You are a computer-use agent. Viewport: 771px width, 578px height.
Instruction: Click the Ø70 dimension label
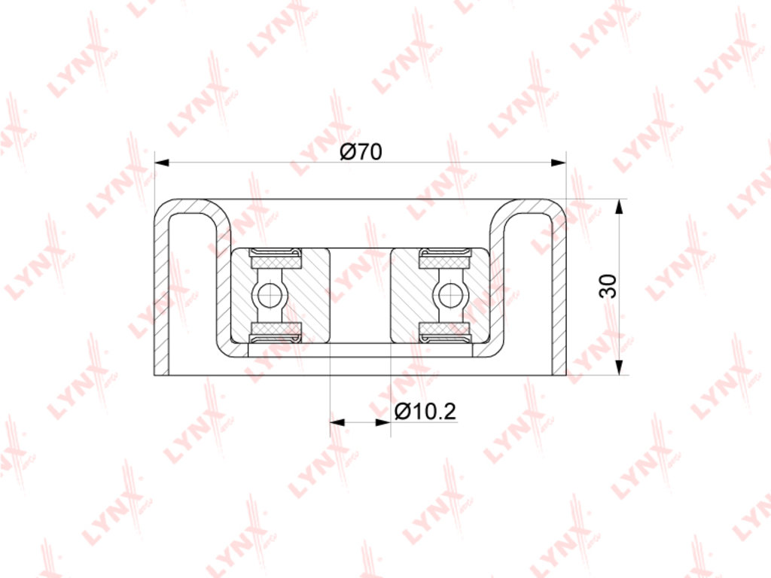tap(361, 152)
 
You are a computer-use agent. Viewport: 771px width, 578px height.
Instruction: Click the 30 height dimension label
tap(608, 286)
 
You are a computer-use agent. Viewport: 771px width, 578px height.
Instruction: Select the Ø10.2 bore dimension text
tap(426, 412)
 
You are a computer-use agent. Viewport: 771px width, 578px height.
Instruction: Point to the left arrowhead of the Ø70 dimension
tap(163, 163)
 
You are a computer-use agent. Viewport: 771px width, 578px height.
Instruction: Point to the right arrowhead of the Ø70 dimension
tap(559, 163)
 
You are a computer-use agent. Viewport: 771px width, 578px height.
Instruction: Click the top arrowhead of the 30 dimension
tap(620, 206)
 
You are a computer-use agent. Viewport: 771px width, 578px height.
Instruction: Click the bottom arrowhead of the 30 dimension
tap(620, 367)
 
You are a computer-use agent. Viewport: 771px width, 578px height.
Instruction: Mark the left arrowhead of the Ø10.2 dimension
tap(337, 422)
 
